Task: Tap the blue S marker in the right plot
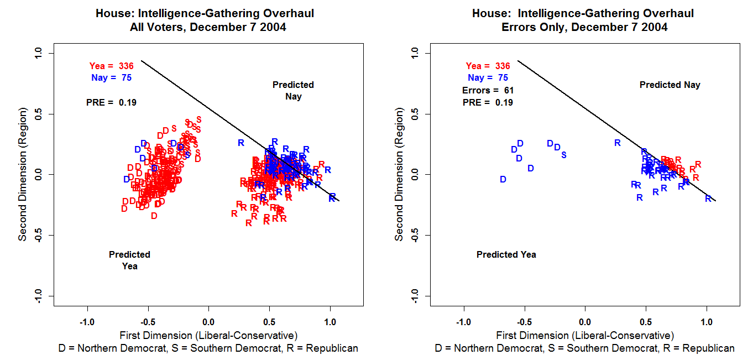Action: pyautogui.click(x=564, y=155)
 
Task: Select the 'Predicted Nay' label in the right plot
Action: pyautogui.click(x=670, y=85)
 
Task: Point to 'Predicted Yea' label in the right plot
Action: pyautogui.click(x=506, y=255)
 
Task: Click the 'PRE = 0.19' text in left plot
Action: pyautogui.click(x=111, y=102)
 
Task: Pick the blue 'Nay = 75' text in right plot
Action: pyautogui.click(x=488, y=78)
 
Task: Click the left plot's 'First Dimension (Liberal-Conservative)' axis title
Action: pyautogui.click(x=208, y=336)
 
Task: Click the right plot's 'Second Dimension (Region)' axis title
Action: pyautogui.click(x=399, y=175)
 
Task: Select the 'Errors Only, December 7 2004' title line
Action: pyautogui.click(x=584, y=27)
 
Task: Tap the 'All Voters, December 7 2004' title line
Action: pyautogui.click(x=208, y=27)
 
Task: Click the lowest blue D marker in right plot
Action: pyautogui.click(x=503, y=179)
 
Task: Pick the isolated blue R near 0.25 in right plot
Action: pyautogui.click(x=618, y=143)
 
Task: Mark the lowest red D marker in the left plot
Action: pyautogui.click(x=154, y=216)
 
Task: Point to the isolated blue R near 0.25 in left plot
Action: pyautogui.click(x=241, y=143)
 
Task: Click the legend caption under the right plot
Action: pyautogui.click(x=584, y=348)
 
